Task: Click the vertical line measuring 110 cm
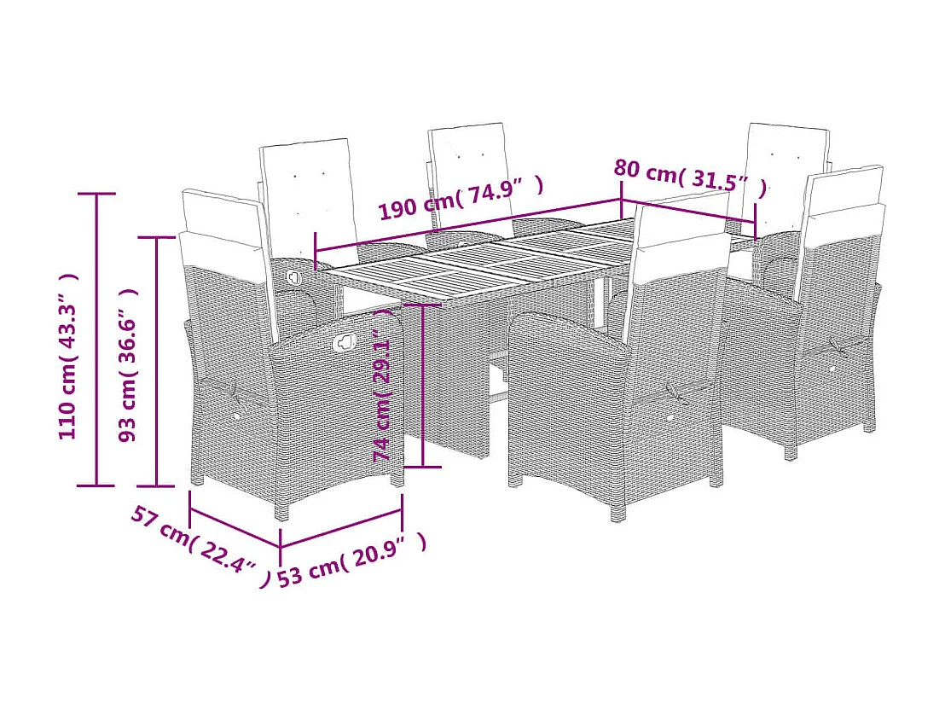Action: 96,341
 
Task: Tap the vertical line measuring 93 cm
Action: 156,358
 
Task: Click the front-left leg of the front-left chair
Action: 281,510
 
